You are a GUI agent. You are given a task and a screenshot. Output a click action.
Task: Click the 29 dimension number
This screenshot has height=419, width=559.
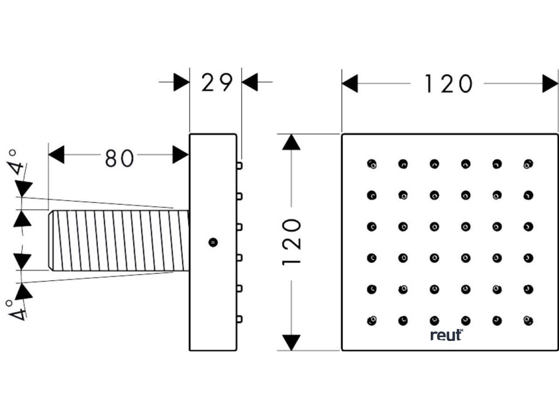pyautogui.click(x=217, y=83)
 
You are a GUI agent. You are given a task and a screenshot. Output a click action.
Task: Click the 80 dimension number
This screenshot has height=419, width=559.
pyautogui.click(x=119, y=158)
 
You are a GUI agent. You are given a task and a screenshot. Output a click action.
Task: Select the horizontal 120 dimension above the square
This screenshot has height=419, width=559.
pyautogui.click(x=448, y=84)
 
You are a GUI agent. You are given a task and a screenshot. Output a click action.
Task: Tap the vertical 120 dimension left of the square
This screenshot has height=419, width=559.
pyautogui.click(x=293, y=242)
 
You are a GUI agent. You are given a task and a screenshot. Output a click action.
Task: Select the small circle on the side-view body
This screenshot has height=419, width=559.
pyautogui.click(x=213, y=242)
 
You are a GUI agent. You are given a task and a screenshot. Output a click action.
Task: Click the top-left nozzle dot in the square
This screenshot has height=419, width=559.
pyautogui.click(x=372, y=163)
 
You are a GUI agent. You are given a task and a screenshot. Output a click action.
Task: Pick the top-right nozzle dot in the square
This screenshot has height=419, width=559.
pyautogui.click(x=528, y=163)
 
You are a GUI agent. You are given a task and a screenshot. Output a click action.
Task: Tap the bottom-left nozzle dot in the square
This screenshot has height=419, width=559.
pyautogui.click(x=372, y=320)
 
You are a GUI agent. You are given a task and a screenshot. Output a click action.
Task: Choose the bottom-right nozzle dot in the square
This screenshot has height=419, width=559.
pyautogui.click(x=528, y=320)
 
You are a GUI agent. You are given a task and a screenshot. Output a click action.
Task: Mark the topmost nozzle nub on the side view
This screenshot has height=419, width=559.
pyautogui.click(x=239, y=165)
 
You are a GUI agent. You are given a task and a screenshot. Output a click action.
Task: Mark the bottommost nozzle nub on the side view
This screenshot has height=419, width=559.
pyautogui.click(x=239, y=318)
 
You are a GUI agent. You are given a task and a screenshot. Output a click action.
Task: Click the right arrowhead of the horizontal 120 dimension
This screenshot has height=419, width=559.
pyautogui.click(x=550, y=84)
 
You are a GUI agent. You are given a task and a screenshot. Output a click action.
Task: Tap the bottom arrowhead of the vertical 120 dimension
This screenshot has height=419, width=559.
pyautogui.click(x=293, y=342)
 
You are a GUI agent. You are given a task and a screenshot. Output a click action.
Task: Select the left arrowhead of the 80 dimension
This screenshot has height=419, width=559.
pyautogui.click(x=56, y=155)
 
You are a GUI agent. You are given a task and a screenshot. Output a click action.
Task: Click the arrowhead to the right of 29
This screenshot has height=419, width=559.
pyautogui.click(x=249, y=83)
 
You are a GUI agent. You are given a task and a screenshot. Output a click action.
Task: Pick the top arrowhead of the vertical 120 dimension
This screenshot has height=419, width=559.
pyautogui.click(x=293, y=142)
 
